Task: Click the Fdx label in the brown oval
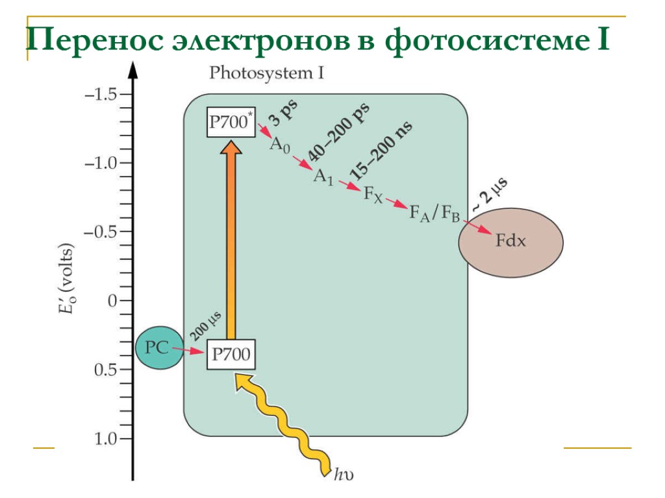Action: [x=510, y=242]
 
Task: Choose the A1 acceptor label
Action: [x=323, y=176]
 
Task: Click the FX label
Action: [x=372, y=194]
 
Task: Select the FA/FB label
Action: [x=434, y=213]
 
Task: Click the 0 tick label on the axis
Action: [x=112, y=301]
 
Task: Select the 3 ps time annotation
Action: [x=284, y=115]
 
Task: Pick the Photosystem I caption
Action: [x=266, y=73]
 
